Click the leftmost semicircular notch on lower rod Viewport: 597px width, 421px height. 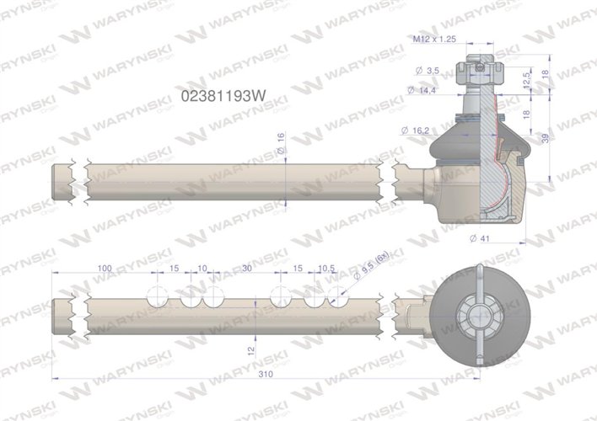click(x=157, y=296)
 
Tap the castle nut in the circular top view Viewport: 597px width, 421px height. click(x=476, y=317)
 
